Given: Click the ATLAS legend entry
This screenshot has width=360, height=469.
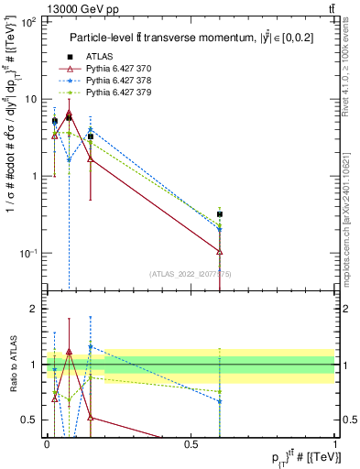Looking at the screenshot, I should [98, 58].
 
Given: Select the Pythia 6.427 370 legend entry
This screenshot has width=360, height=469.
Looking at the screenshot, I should [116, 69].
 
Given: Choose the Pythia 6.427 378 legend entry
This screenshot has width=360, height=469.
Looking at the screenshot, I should [116, 81].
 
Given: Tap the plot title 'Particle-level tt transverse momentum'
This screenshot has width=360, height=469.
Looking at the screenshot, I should [183, 38].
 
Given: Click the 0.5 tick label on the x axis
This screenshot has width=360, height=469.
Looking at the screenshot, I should [191, 442].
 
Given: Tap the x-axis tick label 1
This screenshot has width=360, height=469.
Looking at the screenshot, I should [334, 442].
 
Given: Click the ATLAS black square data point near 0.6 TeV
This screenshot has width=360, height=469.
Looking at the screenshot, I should [220, 214].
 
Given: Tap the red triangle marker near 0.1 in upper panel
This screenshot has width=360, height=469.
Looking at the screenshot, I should [69, 115].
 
